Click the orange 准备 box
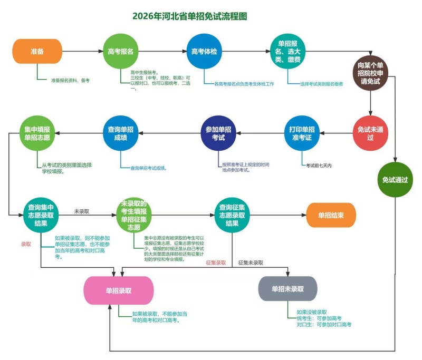tap(37, 51)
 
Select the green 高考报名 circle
tap(120, 51)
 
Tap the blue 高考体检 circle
tap(204, 51)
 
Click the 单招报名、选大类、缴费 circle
tap(289, 51)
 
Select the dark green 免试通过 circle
tap(395, 180)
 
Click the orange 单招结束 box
tap(331, 215)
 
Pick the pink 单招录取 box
tap(119, 290)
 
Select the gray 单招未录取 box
tap(288, 289)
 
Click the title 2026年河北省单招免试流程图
tap(190, 16)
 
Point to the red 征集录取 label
tap(216, 262)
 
